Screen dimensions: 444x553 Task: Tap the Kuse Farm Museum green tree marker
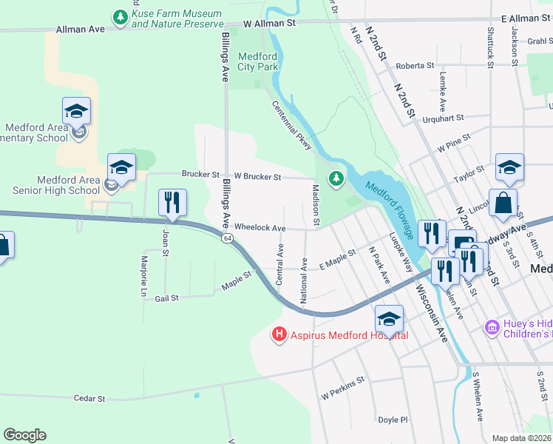point(119,16)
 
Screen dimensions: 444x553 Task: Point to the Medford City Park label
point(257,61)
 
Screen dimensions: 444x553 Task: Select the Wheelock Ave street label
point(259,228)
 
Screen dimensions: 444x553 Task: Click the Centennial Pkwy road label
point(291,126)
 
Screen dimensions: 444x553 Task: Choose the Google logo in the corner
point(24,435)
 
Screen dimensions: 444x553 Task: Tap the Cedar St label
point(91,398)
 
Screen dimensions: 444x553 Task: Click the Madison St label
point(316,205)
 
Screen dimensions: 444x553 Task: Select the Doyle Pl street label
point(393,420)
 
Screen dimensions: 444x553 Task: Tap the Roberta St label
point(415,66)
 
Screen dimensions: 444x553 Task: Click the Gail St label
point(167,298)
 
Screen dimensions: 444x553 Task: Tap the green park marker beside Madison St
point(336,178)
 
